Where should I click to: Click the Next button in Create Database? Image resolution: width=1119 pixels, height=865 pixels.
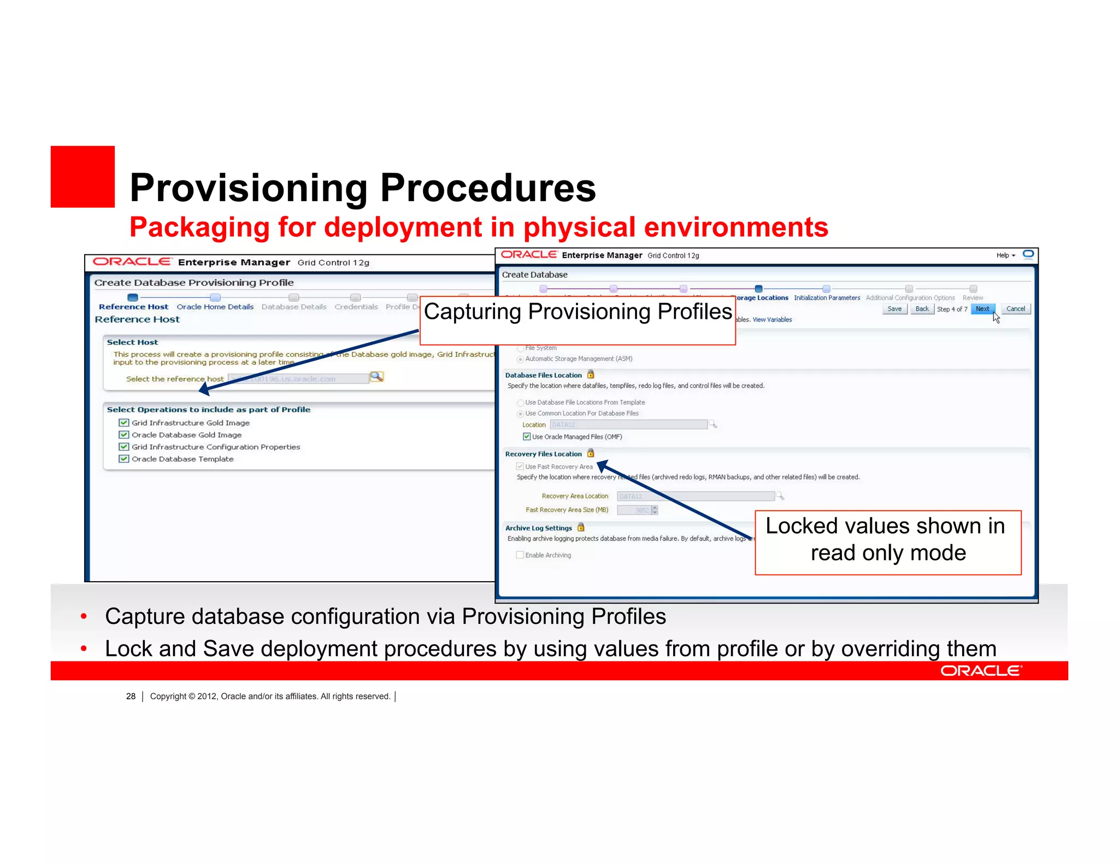[x=982, y=309]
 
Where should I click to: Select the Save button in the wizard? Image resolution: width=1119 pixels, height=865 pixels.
[x=894, y=309]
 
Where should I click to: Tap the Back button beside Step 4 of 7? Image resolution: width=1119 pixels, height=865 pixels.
[x=922, y=309]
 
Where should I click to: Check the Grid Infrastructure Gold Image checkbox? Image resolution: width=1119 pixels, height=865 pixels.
[x=124, y=423]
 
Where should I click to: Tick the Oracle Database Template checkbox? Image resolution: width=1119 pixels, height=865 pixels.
[x=124, y=459]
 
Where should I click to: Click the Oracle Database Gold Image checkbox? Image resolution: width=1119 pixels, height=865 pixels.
[x=124, y=435]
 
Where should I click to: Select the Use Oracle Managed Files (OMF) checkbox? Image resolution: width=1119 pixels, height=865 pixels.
[x=527, y=436]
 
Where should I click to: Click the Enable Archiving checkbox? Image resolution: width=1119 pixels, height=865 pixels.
[x=520, y=555]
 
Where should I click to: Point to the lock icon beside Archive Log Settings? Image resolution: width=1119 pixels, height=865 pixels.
[x=581, y=527]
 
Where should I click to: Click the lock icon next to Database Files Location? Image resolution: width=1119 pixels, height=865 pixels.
[x=591, y=375]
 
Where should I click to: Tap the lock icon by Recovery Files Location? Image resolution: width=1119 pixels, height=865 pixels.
[x=591, y=453]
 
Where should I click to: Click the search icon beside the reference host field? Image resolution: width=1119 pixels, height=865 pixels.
[x=377, y=377]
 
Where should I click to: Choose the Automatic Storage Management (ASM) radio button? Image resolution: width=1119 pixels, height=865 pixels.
[x=520, y=359]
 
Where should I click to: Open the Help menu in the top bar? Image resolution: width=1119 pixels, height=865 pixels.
[x=1005, y=255]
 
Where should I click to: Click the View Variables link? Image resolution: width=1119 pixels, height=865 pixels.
[x=772, y=320]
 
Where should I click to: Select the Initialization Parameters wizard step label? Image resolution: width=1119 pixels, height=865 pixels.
[x=827, y=298]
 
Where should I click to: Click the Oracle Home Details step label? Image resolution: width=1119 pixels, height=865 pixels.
[x=215, y=307]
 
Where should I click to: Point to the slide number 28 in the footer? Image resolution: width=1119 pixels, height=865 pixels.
[x=131, y=696]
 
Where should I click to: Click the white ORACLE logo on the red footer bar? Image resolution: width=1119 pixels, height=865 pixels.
[x=981, y=671]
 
